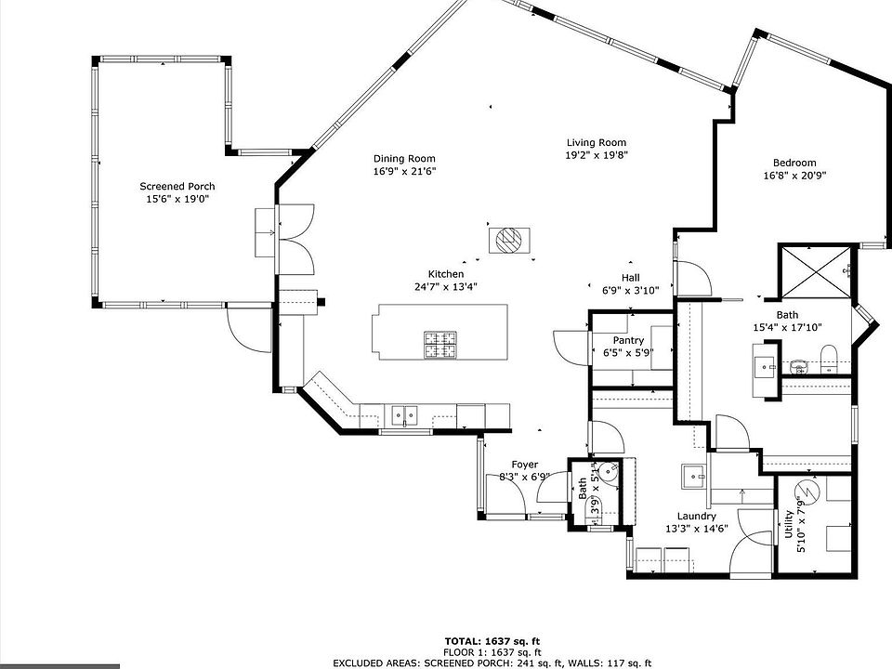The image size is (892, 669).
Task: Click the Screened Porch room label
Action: point(177,186)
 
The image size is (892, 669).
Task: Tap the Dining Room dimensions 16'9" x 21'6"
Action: point(404,171)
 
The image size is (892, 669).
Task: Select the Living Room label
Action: point(597,143)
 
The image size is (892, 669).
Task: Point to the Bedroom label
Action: point(794,163)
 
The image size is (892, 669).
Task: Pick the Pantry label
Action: point(628,340)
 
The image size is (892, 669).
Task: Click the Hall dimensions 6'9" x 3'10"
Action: point(630,290)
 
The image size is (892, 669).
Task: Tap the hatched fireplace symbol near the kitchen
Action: point(509,240)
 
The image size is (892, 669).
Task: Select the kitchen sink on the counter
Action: point(404,414)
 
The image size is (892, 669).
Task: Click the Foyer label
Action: point(524,465)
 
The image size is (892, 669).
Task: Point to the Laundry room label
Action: point(696,516)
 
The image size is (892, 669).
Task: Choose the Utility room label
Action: point(789,524)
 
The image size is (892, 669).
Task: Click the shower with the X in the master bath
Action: point(817,272)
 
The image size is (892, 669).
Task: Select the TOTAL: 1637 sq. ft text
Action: point(492,642)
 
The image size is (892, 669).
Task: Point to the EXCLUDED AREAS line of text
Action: point(492,662)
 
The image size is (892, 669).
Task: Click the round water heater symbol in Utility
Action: point(807,490)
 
